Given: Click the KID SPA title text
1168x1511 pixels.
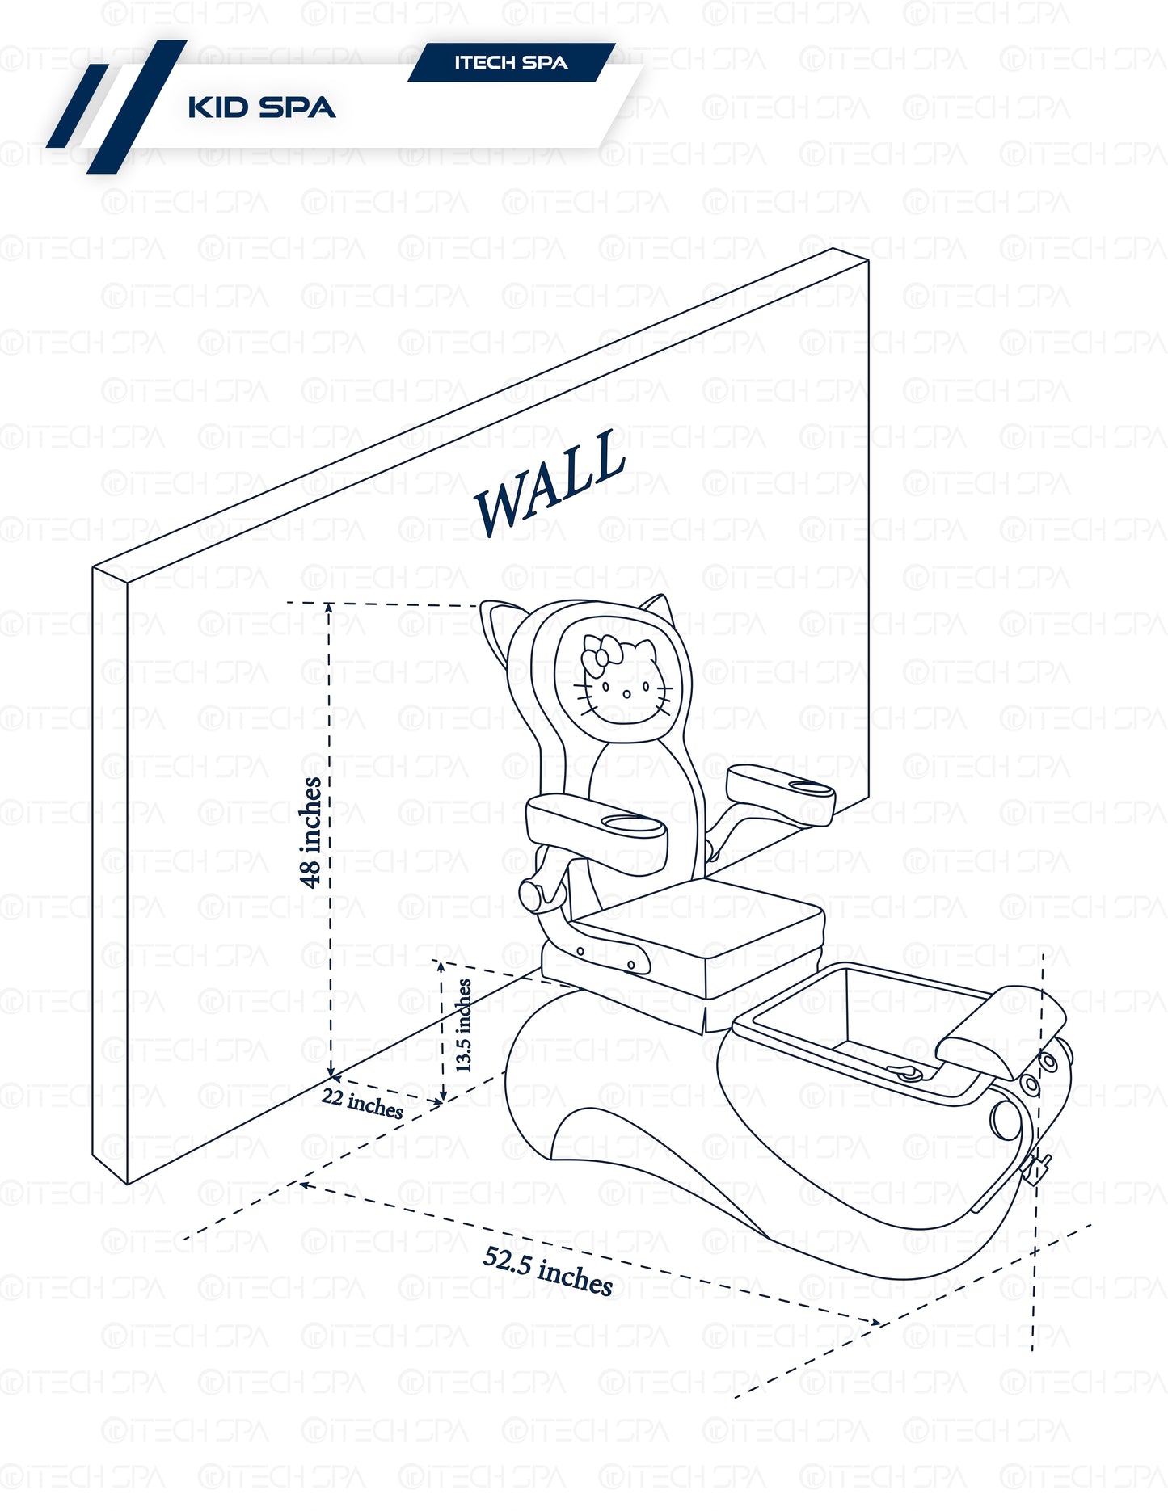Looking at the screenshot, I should click(261, 107).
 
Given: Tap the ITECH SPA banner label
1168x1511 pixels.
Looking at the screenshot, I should click(511, 63).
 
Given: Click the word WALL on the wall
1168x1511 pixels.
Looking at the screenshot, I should click(550, 482).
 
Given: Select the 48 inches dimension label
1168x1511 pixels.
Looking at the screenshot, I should click(311, 832).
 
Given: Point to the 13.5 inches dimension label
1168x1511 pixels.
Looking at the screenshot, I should click(464, 1025).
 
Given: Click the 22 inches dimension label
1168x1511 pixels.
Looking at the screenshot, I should click(362, 1103).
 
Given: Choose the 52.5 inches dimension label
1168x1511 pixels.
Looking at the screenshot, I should click(548, 1270).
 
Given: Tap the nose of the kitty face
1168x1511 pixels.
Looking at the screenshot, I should click(626, 693).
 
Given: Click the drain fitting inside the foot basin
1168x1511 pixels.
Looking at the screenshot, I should click(906, 1072).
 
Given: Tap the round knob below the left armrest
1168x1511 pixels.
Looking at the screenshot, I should click(532, 895).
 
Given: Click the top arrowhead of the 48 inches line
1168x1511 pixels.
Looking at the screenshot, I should click(329, 607).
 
